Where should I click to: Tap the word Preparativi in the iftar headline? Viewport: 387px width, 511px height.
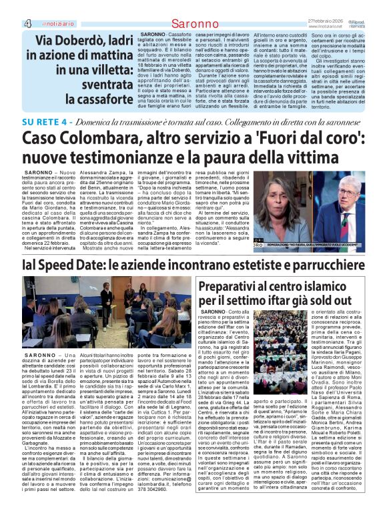click(x=232, y=286)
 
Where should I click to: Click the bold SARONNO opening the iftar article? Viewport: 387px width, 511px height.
click(x=213, y=312)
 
